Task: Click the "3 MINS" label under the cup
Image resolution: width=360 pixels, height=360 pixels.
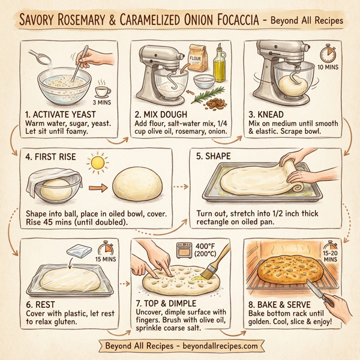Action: tap(103, 103)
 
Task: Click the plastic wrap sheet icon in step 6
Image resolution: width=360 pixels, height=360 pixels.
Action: tap(80, 253)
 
